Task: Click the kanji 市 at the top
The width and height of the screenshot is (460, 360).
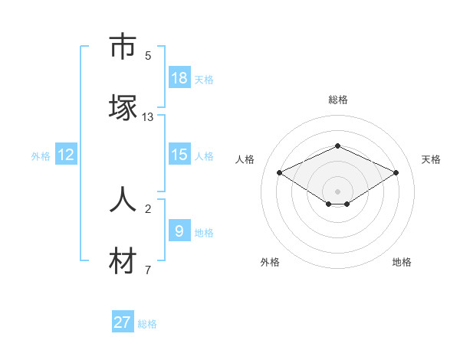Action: click(123, 47)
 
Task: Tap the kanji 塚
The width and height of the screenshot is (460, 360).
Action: click(123, 107)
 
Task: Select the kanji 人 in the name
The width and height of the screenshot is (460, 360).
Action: click(123, 199)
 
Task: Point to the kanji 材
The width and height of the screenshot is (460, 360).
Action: click(123, 261)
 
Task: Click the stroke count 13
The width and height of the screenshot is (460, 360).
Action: click(148, 117)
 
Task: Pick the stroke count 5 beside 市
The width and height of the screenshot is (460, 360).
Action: click(148, 56)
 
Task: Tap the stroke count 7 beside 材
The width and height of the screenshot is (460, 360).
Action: click(148, 270)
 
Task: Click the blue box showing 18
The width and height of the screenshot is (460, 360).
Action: click(179, 77)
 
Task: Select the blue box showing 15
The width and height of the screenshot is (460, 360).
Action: click(179, 155)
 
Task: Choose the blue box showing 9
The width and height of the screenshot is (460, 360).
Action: click(179, 231)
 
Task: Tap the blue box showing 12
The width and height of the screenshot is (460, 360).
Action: click(66, 155)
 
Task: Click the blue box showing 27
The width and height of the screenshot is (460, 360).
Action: click(123, 322)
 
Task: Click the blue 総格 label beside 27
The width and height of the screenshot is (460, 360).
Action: click(147, 324)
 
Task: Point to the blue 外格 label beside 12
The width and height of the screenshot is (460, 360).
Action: click(41, 156)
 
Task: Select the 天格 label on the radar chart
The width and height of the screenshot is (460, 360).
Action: click(431, 159)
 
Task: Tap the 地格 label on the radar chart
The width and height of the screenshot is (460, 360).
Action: click(402, 262)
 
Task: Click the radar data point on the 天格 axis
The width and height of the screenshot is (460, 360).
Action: click(396, 172)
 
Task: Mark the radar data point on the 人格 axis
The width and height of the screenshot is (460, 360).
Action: click(279, 172)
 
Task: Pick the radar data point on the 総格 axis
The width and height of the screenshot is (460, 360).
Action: click(337, 146)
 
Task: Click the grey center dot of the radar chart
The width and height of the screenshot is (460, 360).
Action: click(337, 191)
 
